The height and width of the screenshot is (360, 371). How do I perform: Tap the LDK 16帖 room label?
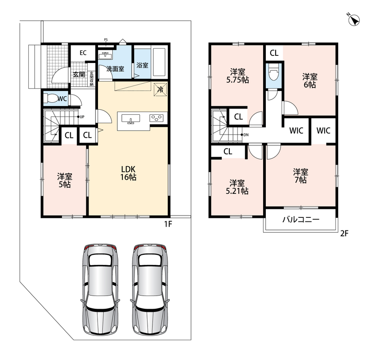128,173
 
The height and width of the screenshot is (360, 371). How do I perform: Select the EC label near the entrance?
83,53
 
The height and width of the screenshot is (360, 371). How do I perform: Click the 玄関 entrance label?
79,74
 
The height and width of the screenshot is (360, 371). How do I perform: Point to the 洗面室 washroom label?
115,69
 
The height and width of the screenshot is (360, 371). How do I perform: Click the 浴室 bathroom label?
142,65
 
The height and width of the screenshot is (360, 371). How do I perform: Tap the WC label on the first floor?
62,99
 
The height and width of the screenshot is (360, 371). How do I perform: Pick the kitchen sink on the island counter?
130,119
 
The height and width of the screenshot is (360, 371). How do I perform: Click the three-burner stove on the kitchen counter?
156,118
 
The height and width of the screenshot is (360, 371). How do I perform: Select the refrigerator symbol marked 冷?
160,90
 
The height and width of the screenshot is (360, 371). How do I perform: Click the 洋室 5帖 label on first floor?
65,180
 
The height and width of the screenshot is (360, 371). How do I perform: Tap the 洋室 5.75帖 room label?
237,76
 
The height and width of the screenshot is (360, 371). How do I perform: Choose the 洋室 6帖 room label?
310,81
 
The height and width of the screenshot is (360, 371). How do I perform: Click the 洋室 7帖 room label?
300,176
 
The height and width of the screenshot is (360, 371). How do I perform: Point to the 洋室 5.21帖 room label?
237,187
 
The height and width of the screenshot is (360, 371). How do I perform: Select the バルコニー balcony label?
301,220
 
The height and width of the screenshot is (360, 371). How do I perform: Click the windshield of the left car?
100,260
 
